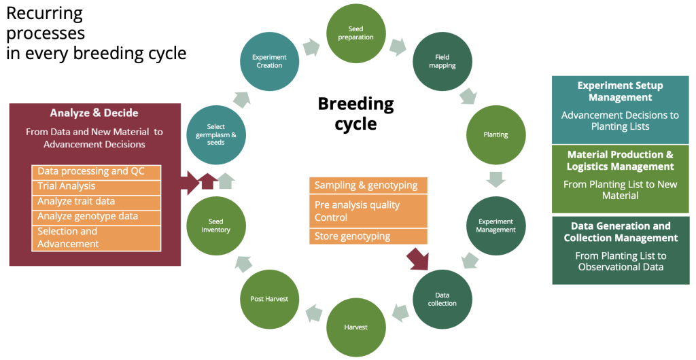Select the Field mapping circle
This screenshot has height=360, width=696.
(442, 61)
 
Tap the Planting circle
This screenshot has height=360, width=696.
(495, 134)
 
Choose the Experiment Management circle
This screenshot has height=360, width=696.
(496, 226)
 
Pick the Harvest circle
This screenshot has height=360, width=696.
(355, 327)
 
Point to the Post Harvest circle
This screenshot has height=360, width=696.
(269, 299)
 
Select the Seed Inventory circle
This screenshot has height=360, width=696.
(215, 226)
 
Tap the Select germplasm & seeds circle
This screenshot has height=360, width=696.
(215, 134)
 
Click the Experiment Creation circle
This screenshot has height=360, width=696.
(269, 61)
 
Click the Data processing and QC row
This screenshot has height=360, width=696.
(96, 171)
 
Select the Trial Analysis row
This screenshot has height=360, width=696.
(96, 186)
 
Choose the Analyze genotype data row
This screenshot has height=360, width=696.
(96, 217)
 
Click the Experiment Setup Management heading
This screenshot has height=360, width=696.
(620, 92)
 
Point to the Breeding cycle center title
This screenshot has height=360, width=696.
(355, 113)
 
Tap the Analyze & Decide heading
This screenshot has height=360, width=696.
(94, 113)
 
